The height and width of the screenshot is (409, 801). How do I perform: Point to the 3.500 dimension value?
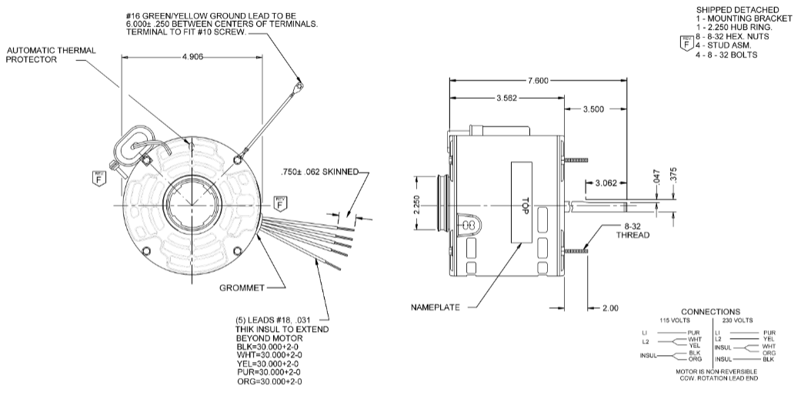592,110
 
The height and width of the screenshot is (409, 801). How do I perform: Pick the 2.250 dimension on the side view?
417,205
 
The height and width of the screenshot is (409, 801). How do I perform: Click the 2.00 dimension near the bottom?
611,308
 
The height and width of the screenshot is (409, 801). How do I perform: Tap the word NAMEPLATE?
436,307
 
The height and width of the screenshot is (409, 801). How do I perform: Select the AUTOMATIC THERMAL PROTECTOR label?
52,55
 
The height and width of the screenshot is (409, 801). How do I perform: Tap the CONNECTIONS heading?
710,311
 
